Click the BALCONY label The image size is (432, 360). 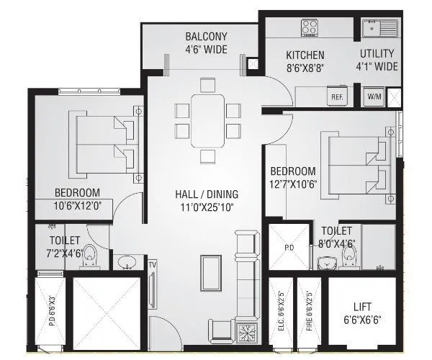[206, 37]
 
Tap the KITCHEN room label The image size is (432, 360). [305, 55]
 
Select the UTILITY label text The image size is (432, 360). [377, 54]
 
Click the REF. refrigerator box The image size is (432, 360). [336, 96]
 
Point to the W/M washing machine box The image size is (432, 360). [374, 96]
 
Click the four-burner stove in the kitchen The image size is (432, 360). [310, 27]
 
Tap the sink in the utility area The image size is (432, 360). [377, 30]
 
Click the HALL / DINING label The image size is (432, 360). [207, 194]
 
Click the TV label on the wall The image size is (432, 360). [152, 265]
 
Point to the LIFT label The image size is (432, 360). [363, 305]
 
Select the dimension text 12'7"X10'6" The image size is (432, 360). [294, 185]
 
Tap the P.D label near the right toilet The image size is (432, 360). [287, 246]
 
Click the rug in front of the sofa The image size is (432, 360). [211, 274]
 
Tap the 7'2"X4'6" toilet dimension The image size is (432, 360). [65, 254]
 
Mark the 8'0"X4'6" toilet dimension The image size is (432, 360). [337, 243]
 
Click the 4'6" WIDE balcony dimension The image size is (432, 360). [206, 50]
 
